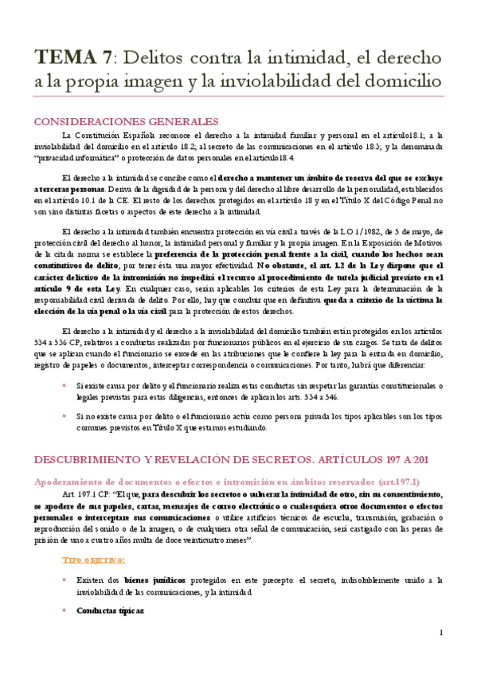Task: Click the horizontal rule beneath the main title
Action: click(238, 100)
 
